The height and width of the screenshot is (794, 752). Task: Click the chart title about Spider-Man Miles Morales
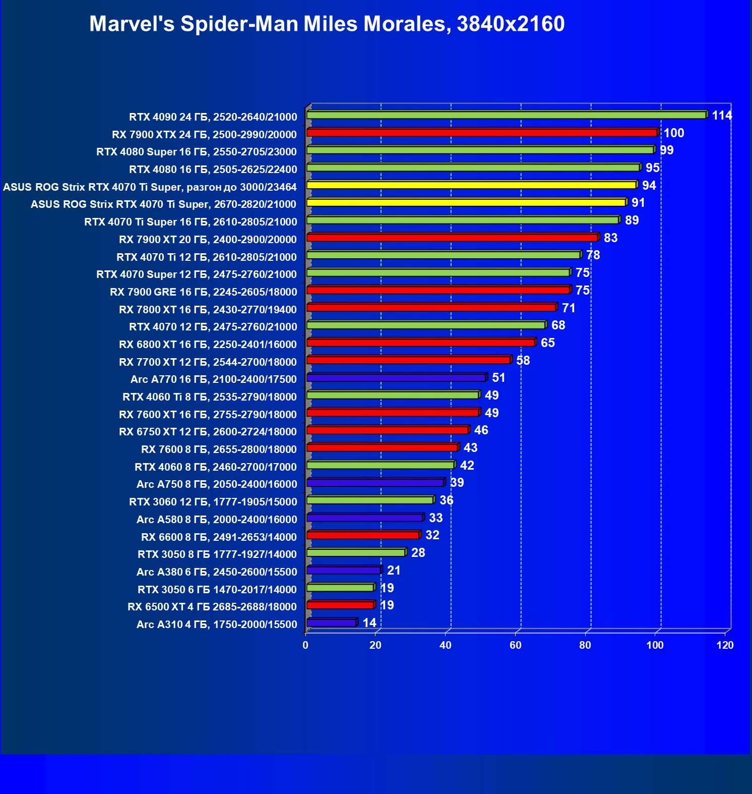coord(327,24)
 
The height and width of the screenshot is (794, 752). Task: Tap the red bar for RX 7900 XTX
coord(482,133)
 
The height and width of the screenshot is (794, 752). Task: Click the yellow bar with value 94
coord(471,185)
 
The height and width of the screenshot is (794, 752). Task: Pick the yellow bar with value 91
coord(466,203)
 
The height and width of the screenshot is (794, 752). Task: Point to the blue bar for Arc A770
coord(396,378)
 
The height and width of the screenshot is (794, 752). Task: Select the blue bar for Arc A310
coord(331,623)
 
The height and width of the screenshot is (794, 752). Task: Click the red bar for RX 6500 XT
coord(340,605)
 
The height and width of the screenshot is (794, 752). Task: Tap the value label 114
coord(722,116)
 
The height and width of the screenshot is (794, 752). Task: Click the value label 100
coord(674,133)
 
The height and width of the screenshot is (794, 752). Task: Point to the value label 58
coord(523,361)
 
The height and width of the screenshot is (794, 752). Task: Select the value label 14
coord(369,623)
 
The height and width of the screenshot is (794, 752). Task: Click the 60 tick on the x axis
coord(515,645)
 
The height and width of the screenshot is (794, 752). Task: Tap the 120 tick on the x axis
coord(725,645)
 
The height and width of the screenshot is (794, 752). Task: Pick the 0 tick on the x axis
coord(305,645)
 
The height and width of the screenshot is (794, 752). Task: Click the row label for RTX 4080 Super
coord(197,152)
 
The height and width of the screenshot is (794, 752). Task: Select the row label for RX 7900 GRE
coord(204,292)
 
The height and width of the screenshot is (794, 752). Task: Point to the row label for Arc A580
coord(217,520)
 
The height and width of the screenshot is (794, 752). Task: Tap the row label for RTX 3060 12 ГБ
coord(213,502)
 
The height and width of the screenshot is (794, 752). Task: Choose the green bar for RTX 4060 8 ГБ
coord(381,465)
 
